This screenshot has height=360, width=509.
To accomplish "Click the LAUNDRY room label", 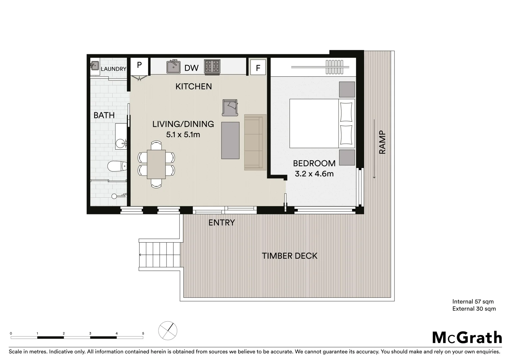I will (114, 69).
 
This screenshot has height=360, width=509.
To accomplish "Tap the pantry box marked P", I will (139, 65).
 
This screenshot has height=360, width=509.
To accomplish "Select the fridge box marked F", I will (258, 68).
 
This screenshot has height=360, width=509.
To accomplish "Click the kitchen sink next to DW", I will (173, 67).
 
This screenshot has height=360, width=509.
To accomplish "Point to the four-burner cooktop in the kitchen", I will (212, 66).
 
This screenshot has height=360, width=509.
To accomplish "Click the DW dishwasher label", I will (192, 68).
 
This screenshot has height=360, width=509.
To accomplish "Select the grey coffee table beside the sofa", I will (230, 140).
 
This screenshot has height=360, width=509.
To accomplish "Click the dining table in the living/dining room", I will (156, 164).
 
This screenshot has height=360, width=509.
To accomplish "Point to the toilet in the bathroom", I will (117, 166).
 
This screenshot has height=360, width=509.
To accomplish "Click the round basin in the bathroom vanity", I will (120, 144).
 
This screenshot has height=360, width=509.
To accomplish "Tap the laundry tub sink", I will (95, 65).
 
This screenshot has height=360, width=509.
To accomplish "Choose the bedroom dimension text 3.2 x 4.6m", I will (314, 174).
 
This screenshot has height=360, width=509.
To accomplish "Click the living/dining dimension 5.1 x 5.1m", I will (183, 135).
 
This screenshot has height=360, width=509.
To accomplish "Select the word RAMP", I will (382, 142).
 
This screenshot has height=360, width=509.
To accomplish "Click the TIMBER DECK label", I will (289, 256).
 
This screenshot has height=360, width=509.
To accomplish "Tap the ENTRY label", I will (222, 223).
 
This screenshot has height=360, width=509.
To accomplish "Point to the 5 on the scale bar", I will (143, 333).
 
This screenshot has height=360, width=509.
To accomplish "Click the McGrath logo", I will (467, 338).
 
